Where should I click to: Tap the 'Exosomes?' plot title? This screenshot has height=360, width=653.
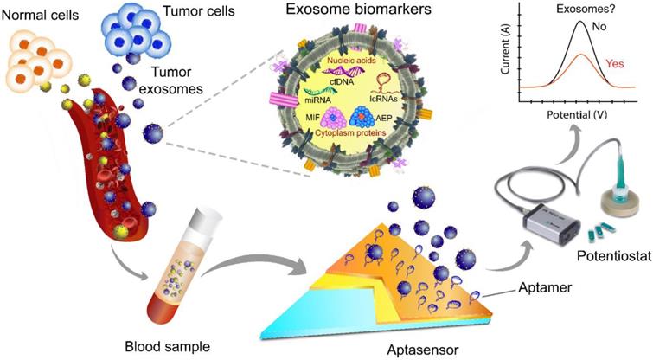[x=572, y=10]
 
